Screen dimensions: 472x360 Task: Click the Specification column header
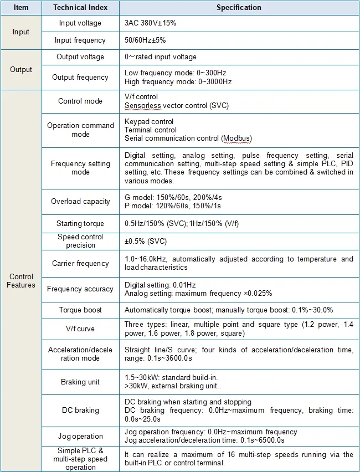click(x=239, y=8)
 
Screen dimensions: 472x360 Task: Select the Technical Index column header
click(x=80, y=8)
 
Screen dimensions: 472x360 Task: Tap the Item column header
click(x=21, y=8)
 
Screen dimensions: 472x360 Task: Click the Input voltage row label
click(x=80, y=23)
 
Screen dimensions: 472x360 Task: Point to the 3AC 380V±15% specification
click(x=151, y=23)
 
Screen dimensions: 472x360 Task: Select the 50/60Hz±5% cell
click(x=145, y=40)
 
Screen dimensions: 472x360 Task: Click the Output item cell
click(x=21, y=70)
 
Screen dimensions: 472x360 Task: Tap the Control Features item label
click(x=21, y=281)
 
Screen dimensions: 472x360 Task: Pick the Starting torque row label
click(x=80, y=224)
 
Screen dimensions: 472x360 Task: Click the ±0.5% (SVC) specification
click(x=146, y=241)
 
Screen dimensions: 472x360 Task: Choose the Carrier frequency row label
click(x=80, y=264)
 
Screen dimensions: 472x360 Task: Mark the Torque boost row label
click(x=80, y=310)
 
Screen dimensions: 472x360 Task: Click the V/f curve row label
click(x=80, y=329)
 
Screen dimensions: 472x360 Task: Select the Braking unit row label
click(x=80, y=382)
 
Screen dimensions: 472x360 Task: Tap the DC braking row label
click(x=80, y=411)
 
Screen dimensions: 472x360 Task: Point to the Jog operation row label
click(x=80, y=437)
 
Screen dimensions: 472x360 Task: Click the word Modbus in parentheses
click(x=237, y=138)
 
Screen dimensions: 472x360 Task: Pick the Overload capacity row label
click(x=80, y=202)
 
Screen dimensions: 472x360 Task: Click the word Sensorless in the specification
click(x=142, y=105)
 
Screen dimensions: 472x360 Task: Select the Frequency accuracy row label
click(x=80, y=289)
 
